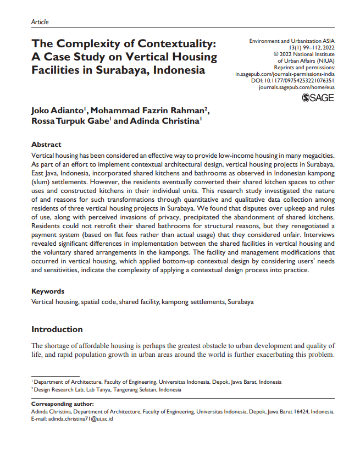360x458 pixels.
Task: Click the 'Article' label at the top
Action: click(40, 22)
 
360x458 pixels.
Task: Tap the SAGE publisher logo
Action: click(318, 98)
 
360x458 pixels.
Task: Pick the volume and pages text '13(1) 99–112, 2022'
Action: click(311, 48)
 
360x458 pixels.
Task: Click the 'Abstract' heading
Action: click(46, 145)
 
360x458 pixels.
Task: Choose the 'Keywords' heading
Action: click(48, 291)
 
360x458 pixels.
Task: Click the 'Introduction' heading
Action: click(57, 329)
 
